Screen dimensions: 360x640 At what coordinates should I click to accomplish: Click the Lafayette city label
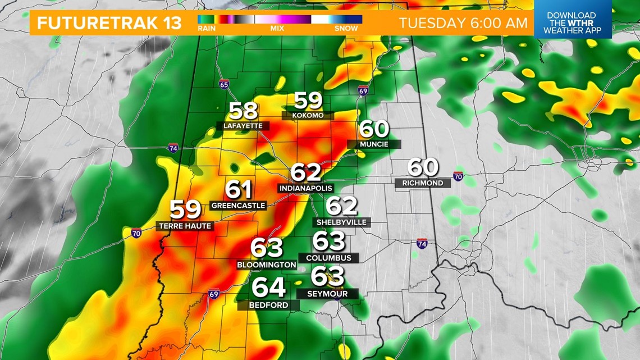243,126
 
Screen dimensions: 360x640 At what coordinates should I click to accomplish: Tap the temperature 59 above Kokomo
308,101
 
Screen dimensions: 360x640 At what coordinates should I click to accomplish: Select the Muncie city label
374,144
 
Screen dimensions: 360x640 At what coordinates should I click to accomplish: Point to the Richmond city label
422,183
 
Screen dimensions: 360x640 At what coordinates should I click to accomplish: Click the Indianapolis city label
305,189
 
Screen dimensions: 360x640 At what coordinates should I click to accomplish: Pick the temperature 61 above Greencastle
239,190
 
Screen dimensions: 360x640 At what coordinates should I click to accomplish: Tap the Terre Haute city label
184,226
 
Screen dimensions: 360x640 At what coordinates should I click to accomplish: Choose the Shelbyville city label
341,222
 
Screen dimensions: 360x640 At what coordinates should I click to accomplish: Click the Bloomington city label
267,265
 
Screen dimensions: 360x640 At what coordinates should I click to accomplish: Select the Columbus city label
329,258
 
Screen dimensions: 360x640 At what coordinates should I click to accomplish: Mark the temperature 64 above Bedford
269,288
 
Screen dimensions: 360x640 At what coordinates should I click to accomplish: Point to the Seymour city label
327,294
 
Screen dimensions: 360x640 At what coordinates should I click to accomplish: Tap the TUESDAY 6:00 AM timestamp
463,23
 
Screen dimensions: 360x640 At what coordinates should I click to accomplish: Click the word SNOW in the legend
346,28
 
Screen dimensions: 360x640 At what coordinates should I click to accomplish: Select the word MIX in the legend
277,28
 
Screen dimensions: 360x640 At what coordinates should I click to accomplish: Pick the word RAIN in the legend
206,28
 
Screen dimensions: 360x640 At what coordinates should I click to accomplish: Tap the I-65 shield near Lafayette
224,85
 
